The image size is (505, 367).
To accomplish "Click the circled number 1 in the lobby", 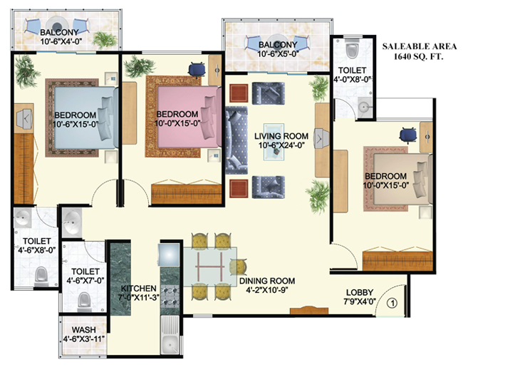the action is click(392, 303).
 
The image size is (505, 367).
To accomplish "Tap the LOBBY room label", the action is click(360, 293).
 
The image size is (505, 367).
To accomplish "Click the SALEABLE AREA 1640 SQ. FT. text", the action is click(419, 51).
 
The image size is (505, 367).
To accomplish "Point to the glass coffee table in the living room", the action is click(274, 142).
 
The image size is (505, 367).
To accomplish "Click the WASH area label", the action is click(83, 330).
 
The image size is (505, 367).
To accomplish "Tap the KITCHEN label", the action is click(138, 289).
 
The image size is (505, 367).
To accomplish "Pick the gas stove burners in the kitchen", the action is click(170, 296).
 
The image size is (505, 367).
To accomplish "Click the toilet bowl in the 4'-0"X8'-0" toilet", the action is click(352, 48).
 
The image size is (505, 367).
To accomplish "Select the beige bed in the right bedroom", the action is click(402, 179).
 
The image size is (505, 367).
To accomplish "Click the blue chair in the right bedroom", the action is click(407, 135).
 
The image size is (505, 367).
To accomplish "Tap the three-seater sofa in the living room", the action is click(236, 140).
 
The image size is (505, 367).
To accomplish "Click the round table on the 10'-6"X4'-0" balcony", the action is click(56, 25).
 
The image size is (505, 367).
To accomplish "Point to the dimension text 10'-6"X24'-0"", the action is click(281, 145).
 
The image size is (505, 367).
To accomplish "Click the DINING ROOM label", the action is click(267, 281).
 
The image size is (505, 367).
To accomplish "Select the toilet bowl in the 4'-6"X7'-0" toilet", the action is click(84, 301).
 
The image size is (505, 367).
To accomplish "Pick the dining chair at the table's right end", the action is click(239, 267).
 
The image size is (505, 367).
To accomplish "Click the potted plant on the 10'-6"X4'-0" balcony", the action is click(105, 39).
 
